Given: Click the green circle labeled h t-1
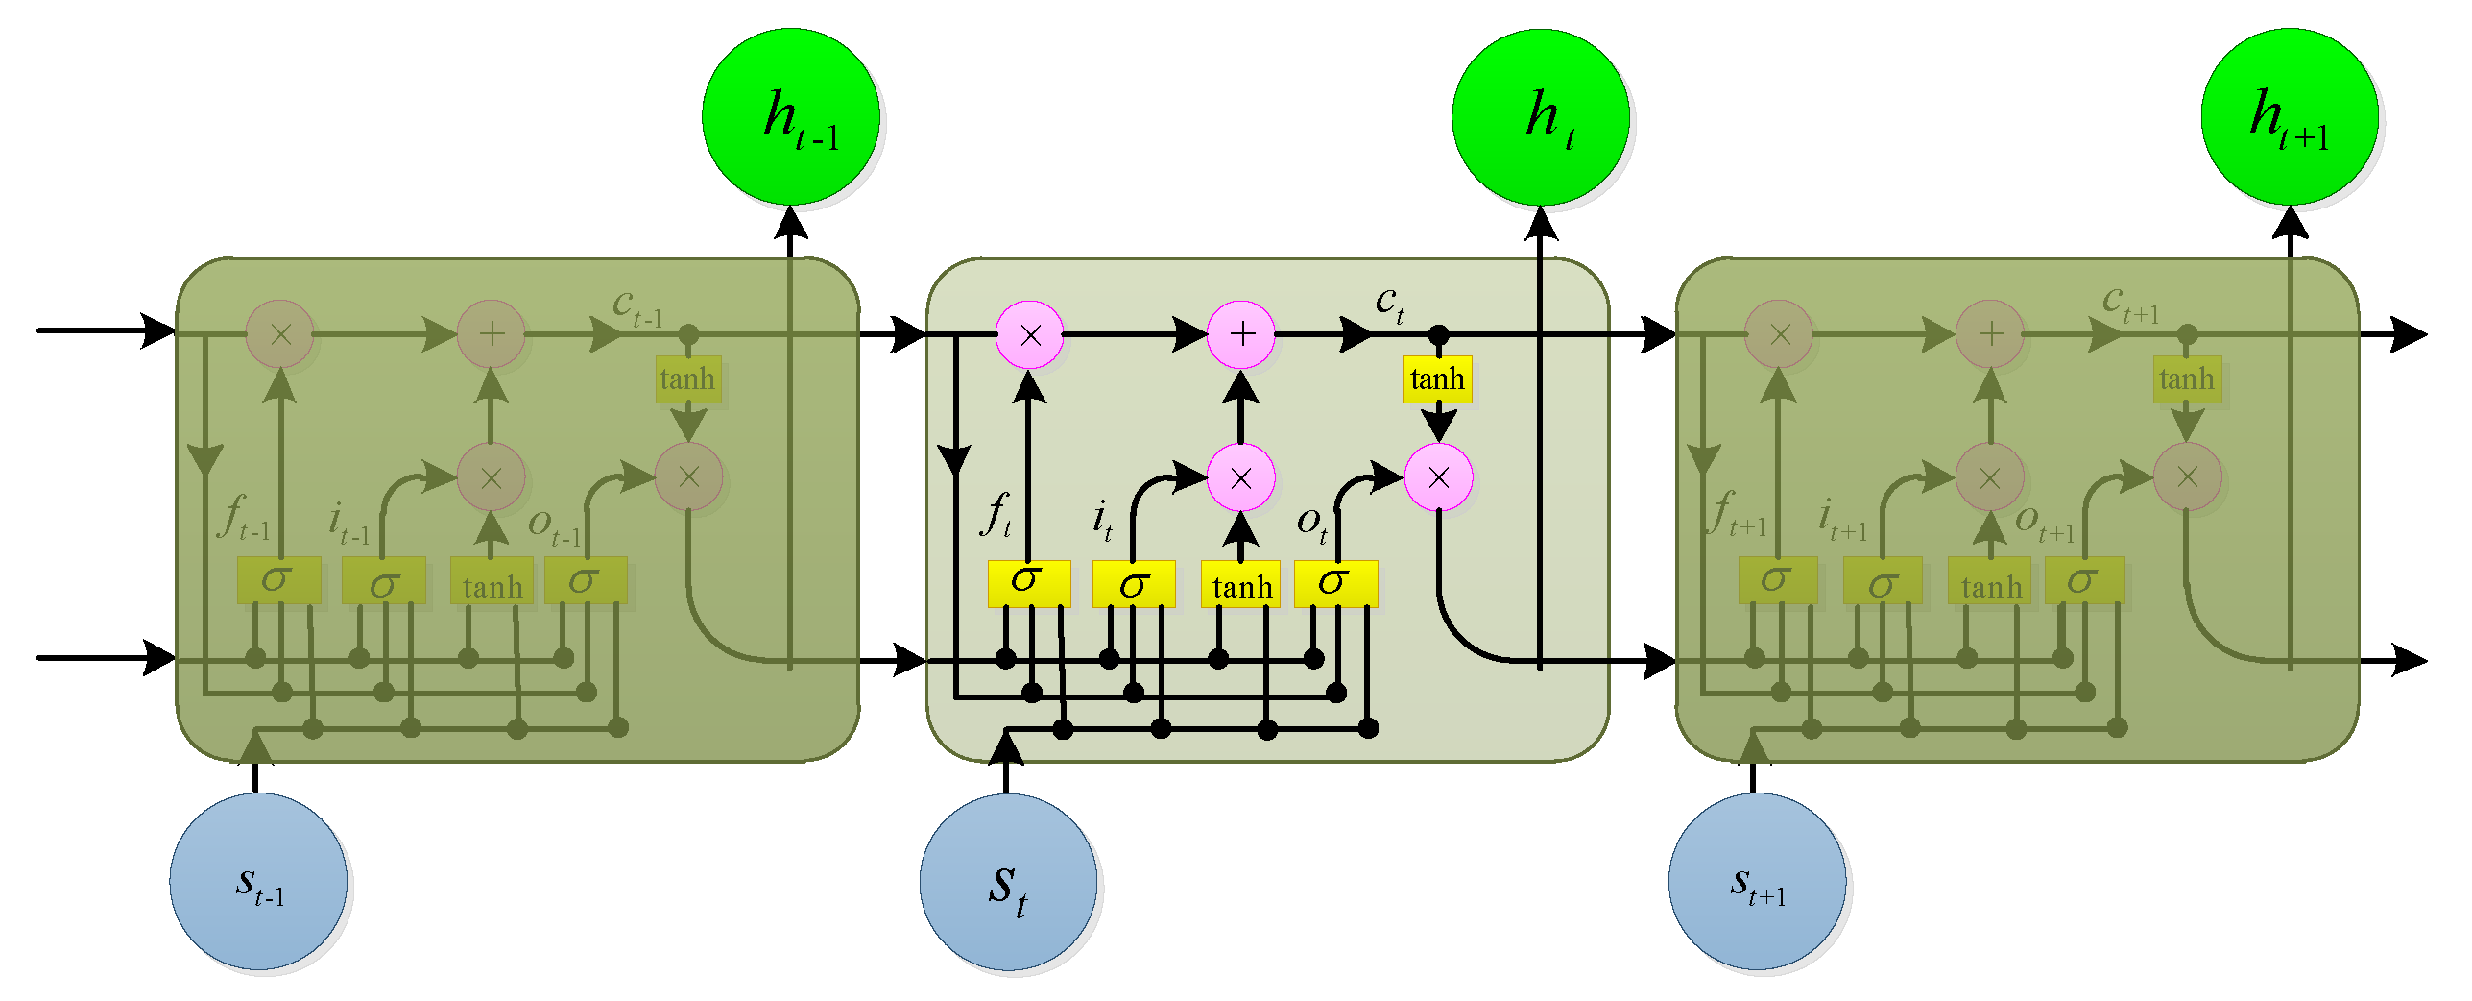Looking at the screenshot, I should [x=791, y=116].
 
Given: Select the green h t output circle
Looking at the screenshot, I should [x=1541, y=116].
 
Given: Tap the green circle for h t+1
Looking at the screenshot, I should [x=2290, y=116].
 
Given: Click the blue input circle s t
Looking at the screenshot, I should [x=1008, y=881].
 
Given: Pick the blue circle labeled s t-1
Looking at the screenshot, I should [x=258, y=881].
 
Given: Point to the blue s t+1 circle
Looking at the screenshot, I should [x=1757, y=881].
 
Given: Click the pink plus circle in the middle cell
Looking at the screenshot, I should [x=1241, y=334].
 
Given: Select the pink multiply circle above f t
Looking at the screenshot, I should [x=1030, y=334].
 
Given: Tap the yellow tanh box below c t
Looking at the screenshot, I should [x=1437, y=379].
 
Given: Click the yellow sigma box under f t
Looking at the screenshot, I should [x=1029, y=583].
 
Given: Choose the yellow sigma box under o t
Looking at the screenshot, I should [x=1335, y=583].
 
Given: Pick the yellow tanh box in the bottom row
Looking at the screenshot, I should [x=1240, y=585].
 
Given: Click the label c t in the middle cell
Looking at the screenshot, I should [x=1389, y=303].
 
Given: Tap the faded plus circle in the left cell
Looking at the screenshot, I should [x=492, y=334].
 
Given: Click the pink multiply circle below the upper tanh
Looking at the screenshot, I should [x=1438, y=477].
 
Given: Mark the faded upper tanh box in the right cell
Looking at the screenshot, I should [x=2187, y=379].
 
